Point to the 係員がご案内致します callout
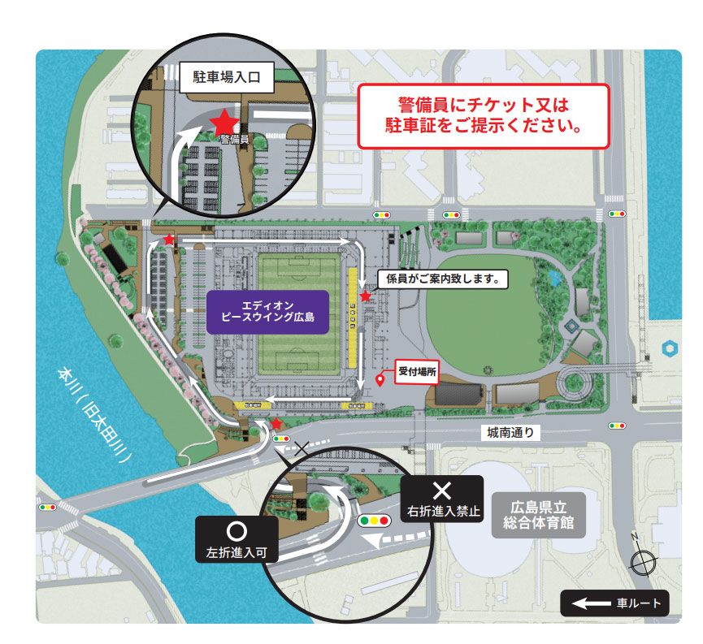point(442,279)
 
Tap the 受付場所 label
point(416,374)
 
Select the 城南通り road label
point(511,433)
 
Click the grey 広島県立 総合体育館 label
point(537,514)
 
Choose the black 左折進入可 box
point(237,541)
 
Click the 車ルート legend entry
point(614,603)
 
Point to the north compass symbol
point(642,560)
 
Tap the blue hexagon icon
point(670,349)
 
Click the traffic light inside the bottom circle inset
point(375,520)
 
